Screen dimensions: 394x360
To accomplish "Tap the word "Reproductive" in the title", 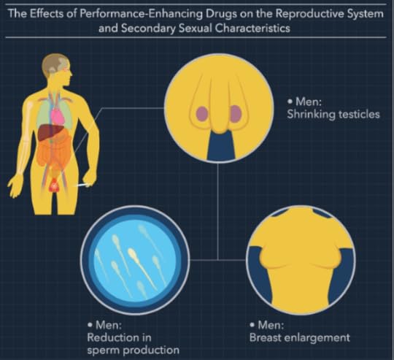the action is (x=309, y=14).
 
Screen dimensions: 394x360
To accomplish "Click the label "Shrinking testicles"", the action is (x=333, y=115).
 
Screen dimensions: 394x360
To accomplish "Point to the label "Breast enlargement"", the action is (x=300, y=337).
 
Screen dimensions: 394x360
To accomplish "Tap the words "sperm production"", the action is (x=134, y=350).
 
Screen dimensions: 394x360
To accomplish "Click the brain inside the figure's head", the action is (x=58, y=65).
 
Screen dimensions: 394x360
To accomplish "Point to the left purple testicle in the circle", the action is (x=202, y=114).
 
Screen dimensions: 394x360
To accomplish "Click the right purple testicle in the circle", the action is (x=236, y=113).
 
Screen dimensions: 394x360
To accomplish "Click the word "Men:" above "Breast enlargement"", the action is (x=271, y=325).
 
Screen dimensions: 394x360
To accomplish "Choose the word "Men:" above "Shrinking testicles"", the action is (x=309, y=102).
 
